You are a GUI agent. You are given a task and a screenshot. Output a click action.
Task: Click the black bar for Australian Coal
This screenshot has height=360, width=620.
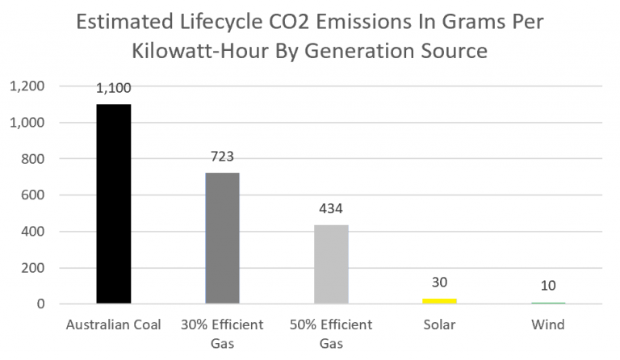click(x=113, y=204)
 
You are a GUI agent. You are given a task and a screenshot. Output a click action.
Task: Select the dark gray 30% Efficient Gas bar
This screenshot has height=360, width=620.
click(x=222, y=238)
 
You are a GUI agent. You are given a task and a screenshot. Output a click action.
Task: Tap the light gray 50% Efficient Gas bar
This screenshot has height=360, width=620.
click(x=331, y=264)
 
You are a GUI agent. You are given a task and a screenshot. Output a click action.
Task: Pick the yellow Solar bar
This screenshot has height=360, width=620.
click(x=440, y=301)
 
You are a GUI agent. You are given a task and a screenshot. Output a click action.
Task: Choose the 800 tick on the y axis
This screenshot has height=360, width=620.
click(x=30, y=159)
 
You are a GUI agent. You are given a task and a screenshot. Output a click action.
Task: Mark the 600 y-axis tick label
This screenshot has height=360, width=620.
click(x=30, y=195)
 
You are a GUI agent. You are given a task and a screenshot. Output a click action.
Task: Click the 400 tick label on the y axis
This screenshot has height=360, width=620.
click(x=30, y=232)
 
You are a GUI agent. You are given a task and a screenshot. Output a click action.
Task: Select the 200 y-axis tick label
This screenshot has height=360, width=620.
click(x=30, y=268)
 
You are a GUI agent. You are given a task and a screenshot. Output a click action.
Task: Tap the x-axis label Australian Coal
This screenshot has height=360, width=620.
click(x=113, y=325)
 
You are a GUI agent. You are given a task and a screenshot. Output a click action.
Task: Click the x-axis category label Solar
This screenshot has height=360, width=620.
click(x=440, y=325)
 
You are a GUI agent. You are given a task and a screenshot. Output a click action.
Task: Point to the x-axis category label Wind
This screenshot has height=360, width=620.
click(x=548, y=325)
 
